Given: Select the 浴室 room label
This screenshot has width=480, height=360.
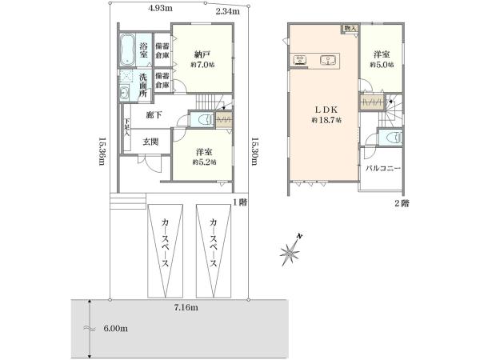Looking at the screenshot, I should click(x=144, y=48).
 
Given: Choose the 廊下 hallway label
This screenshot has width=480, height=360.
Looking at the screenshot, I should click(x=155, y=115).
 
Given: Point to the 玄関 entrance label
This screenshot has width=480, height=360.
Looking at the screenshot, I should click(x=150, y=142).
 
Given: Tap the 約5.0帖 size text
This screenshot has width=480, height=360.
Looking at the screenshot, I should click(x=381, y=65).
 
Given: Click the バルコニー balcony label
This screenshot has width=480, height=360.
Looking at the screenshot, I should click(x=383, y=169).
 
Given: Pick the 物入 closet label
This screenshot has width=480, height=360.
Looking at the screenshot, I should click(x=350, y=29).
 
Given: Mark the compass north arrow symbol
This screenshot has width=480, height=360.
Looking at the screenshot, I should click(x=290, y=251).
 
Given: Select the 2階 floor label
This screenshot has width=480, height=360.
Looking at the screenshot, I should click(x=401, y=204).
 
